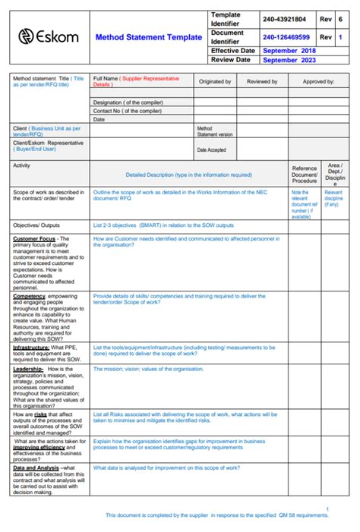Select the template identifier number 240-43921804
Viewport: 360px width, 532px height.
pos(286,19)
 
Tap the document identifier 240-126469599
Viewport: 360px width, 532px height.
pos(286,36)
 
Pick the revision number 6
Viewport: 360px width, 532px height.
pos(341,19)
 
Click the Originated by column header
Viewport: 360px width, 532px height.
pos(215,81)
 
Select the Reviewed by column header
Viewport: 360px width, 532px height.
pos(262,81)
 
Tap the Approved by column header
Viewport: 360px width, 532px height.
pos(318,81)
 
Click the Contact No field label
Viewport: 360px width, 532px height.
pos(127,111)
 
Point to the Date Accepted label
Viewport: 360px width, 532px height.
pos(211,150)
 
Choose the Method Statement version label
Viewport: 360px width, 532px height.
pos(215,131)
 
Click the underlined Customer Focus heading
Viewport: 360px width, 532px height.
pos(34,238)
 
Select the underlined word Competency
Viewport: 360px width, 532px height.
pos(30,296)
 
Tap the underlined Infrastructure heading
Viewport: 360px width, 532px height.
pos(31,347)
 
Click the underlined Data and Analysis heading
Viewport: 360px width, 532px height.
pos(36,468)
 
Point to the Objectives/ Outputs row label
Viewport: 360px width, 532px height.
pos(36,225)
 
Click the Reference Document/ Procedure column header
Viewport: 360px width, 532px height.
pos(305,175)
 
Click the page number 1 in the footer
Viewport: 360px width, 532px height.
pos(327,508)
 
